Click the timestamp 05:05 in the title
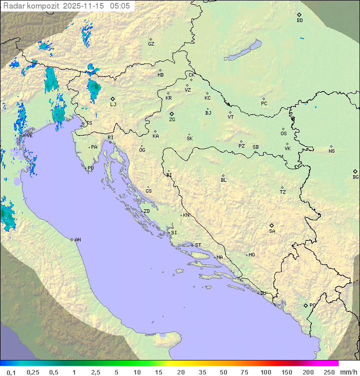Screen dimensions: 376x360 point(120,6)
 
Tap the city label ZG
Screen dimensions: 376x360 point(172,120)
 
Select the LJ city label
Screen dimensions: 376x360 point(113,104)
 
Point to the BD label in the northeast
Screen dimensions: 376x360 point(299,21)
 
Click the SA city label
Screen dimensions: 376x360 point(272,231)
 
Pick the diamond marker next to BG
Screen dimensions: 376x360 point(355,171)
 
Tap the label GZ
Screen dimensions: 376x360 point(151,44)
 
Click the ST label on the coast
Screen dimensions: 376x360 point(198,245)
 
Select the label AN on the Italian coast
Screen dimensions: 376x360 point(77,240)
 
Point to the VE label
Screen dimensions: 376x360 point(29,135)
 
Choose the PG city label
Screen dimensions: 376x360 point(312,305)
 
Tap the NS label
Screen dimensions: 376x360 point(331,151)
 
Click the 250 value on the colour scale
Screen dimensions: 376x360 point(329,372)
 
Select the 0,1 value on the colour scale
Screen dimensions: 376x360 point(11,372)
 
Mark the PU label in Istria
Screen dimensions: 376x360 point(90,168)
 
